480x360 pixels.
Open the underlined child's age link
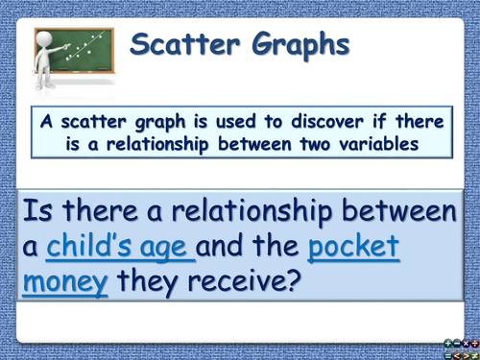pyautogui.click(x=120, y=248)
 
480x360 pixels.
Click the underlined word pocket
pyautogui.click(x=355, y=248)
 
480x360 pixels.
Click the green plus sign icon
pyautogui.click(x=448, y=342)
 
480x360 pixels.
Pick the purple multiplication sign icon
pyautogui.click(x=465, y=342)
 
